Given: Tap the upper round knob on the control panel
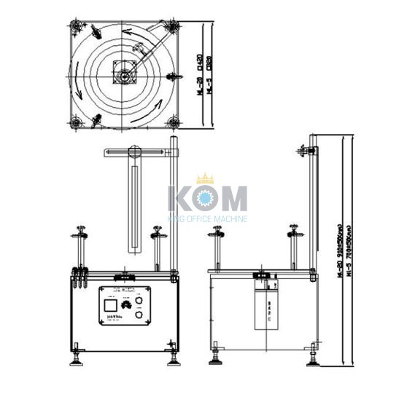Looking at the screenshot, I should (x=139, y=301).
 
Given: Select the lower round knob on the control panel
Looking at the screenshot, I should (x=139, y=315).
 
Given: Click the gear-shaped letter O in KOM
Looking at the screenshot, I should (x=205, y=199).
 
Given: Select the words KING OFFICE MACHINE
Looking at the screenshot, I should (x=207, y=218).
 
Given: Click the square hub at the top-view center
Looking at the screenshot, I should (x=125, y=73).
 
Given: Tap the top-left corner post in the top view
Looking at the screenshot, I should (x=77, y=28).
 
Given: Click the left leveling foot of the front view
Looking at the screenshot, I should (x=76, y=361).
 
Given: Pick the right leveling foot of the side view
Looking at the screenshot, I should (x=313, y=358).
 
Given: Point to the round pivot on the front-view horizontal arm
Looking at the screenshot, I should (x=133, y=151).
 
